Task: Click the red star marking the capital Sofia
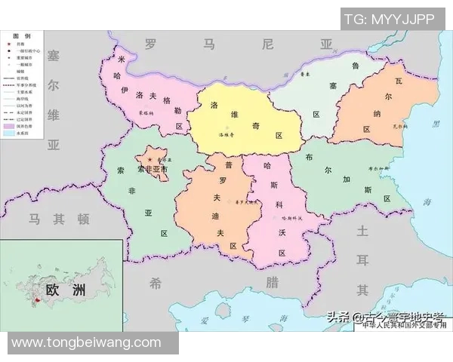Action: point(149,160)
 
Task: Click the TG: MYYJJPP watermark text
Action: point(390,19)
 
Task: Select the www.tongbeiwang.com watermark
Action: point(86,342)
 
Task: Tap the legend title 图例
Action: point(22,36)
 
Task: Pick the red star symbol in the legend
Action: point(11,45)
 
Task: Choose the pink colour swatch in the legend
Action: point(11,125)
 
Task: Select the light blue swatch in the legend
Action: point(11,133)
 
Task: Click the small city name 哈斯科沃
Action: point(288,218)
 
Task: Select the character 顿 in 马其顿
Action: point(84,219)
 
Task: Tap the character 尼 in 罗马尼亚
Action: point(267,44)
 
